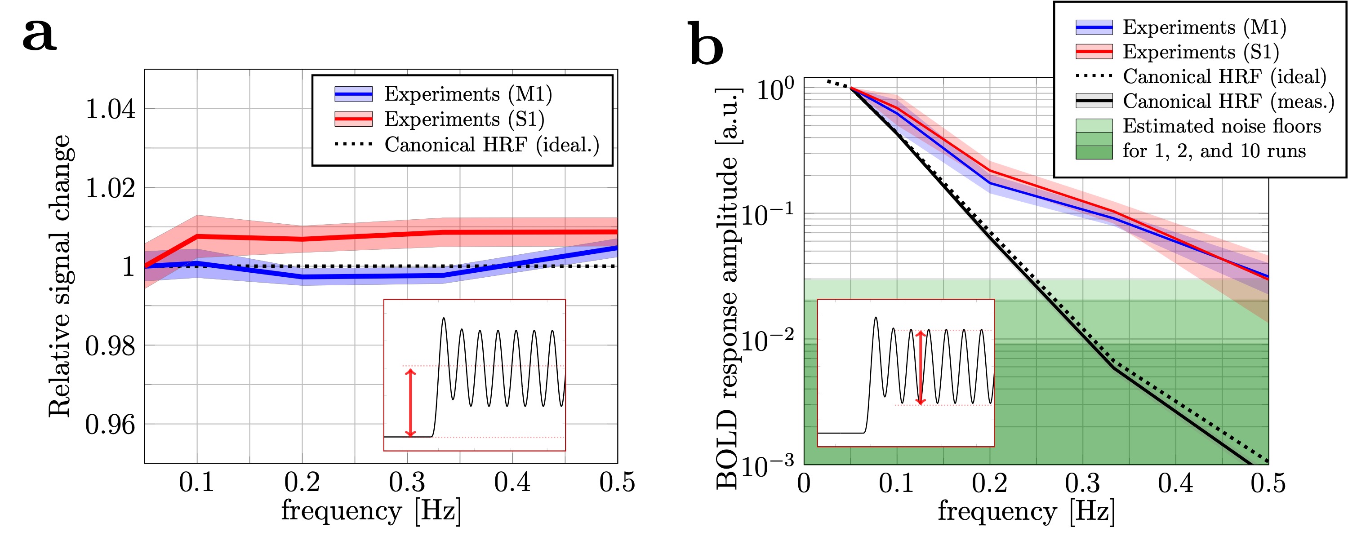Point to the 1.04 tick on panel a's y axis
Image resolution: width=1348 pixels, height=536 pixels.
pos(110,109)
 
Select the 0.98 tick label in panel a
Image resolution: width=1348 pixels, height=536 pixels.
pos(110,346)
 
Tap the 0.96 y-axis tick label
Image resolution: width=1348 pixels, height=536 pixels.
pos(110,425)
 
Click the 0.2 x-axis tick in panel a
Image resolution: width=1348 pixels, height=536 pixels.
pos(302,482)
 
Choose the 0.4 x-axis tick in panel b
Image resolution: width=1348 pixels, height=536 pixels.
pos(1175,483)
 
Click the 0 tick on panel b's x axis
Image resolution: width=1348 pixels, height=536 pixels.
pos(804,483)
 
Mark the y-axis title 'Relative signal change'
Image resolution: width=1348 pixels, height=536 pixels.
pos(60,276)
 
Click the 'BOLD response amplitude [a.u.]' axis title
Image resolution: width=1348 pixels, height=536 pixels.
pos(727,288)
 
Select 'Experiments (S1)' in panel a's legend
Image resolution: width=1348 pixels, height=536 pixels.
pos(464,119)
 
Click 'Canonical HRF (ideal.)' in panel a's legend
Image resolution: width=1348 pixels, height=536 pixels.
pos(492,144)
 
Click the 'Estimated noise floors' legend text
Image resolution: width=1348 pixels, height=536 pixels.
pos(1222,126)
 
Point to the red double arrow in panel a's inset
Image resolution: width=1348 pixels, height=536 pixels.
pos(411,403)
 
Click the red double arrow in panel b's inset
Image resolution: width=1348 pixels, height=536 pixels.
pos(921,367)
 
